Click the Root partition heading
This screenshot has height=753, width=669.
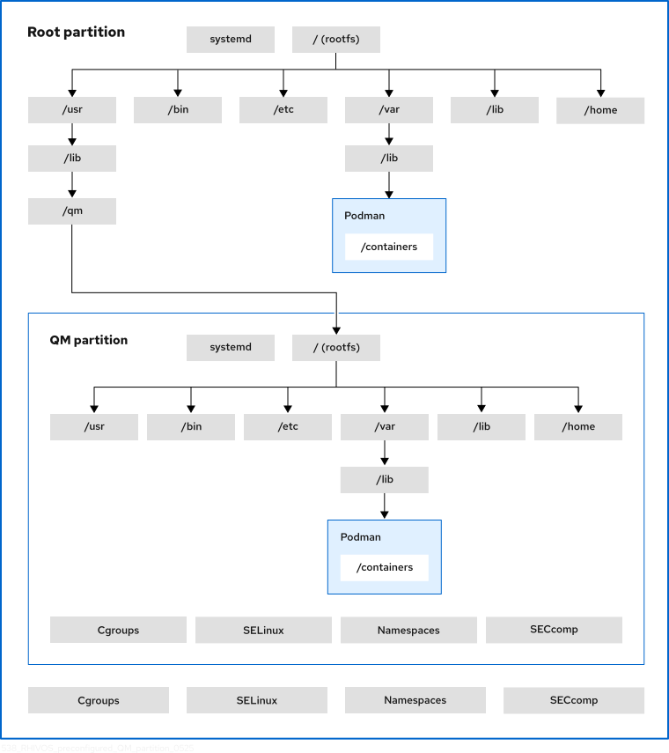click(76, 33)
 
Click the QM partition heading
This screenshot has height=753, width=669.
click(88, 340)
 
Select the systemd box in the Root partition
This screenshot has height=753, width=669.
click(231, 40)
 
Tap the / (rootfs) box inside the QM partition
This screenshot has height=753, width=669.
click(335, 347)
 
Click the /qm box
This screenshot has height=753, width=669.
click(72, 210)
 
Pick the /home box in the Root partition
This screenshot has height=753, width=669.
click(600, 110)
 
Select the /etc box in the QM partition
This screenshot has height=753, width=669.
click(288, 426)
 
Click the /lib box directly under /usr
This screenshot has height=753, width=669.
click(72, 159)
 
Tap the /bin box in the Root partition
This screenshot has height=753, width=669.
click(178, 110)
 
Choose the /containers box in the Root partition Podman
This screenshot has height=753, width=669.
click(388, 247)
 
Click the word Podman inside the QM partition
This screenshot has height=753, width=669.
click(360, 536)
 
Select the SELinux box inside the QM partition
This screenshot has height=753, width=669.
click(263, 630)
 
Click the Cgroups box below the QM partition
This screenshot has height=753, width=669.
click(98, 700)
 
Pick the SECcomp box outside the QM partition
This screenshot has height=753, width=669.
click(573, 700)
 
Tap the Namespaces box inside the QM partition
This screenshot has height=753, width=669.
click(408, 630)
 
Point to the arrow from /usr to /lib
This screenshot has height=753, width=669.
click(72, 134)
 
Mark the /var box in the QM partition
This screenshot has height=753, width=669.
click(385, 426)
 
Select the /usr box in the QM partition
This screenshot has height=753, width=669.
click(94, 426)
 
